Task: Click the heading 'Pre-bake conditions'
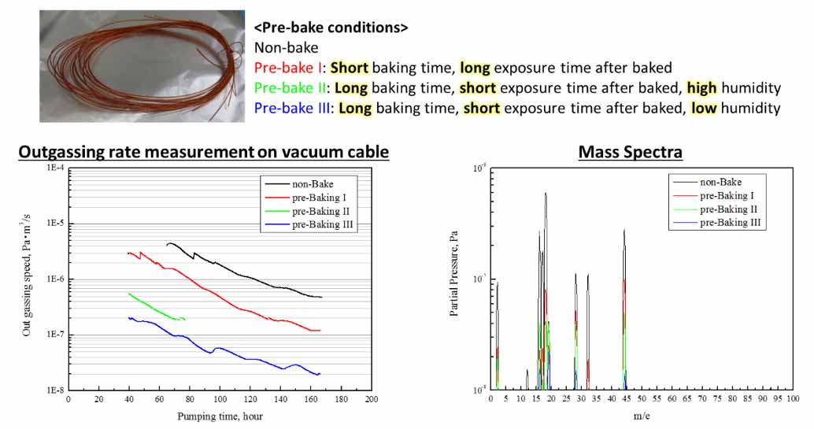click(331, 27)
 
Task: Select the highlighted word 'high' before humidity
click(701, 88)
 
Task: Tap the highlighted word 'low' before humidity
click(704, 109)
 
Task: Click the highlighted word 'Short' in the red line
click(350, 68)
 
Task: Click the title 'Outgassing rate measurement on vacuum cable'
click(203, 152)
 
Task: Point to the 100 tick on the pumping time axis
click(220, 399)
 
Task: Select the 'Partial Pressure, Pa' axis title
click(455, 276)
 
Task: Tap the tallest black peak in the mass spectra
click(545, 195)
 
